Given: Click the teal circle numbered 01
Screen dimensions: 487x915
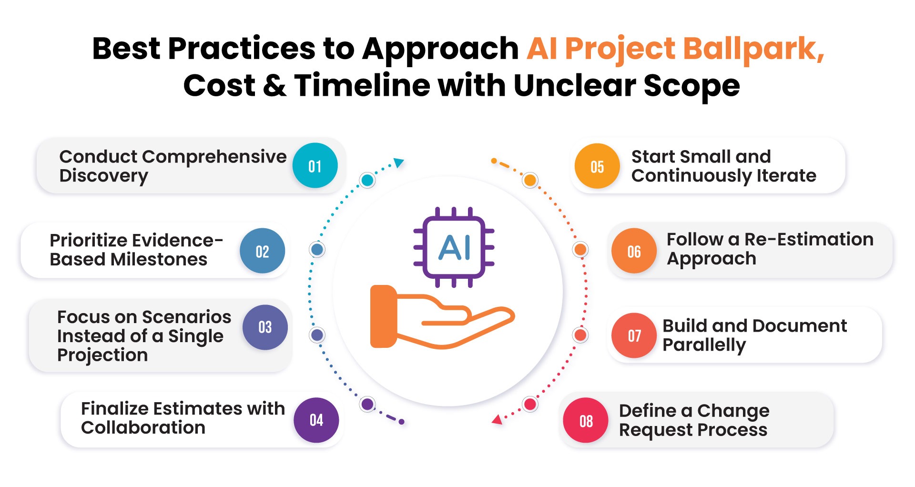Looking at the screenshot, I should coord(315,166).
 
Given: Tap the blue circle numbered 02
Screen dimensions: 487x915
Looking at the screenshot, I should coord(262,251).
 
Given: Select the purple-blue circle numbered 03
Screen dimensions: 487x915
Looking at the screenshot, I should coord(265,327).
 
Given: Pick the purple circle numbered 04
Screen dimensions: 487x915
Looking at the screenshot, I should coord(316,420).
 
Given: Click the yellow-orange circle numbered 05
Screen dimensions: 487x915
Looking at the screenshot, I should coord(597,166).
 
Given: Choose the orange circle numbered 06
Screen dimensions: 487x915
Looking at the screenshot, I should coord(634,251).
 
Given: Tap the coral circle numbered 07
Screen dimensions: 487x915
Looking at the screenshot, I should coord(634,335).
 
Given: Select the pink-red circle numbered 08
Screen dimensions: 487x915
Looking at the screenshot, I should coord(586,421).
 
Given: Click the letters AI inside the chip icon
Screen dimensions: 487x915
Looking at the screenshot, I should coord(454,248).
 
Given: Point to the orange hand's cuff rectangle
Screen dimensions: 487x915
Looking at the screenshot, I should coord(383,316).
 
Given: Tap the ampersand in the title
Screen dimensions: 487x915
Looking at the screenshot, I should coord(274,86).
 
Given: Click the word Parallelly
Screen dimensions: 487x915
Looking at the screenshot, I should coord(704,345).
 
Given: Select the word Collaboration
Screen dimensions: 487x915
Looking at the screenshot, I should coord(143,427).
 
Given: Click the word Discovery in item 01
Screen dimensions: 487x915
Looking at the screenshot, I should coord(103,176).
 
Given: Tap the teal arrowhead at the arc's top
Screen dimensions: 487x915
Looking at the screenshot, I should coord(399,163).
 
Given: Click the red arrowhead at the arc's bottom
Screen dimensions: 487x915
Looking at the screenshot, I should coord(497,420).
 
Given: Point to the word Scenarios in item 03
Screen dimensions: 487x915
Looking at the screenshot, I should coord(186,317).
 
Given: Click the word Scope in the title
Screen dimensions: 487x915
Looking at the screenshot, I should coord(691,86).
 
